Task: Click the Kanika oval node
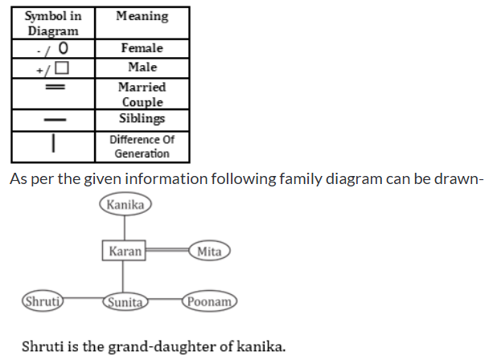point(125,205)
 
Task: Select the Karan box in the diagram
point(124,252)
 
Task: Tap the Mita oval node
point(209,252)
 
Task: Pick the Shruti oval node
point(43,302)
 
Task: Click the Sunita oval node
point(125,302)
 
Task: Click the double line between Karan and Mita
point(166,252)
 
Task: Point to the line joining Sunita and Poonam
point(166,302)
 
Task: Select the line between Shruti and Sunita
point(84,302)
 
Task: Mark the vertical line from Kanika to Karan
point(125,227)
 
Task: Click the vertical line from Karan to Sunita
point(125,278)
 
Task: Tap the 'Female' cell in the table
point(142,48)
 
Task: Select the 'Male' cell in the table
point(142,67)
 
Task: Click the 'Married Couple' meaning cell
point(142,94)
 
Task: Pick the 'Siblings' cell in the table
point(142,119)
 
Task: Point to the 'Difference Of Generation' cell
point(142,145)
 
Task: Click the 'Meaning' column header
point(142,16)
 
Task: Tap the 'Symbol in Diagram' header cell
point(53,23)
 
